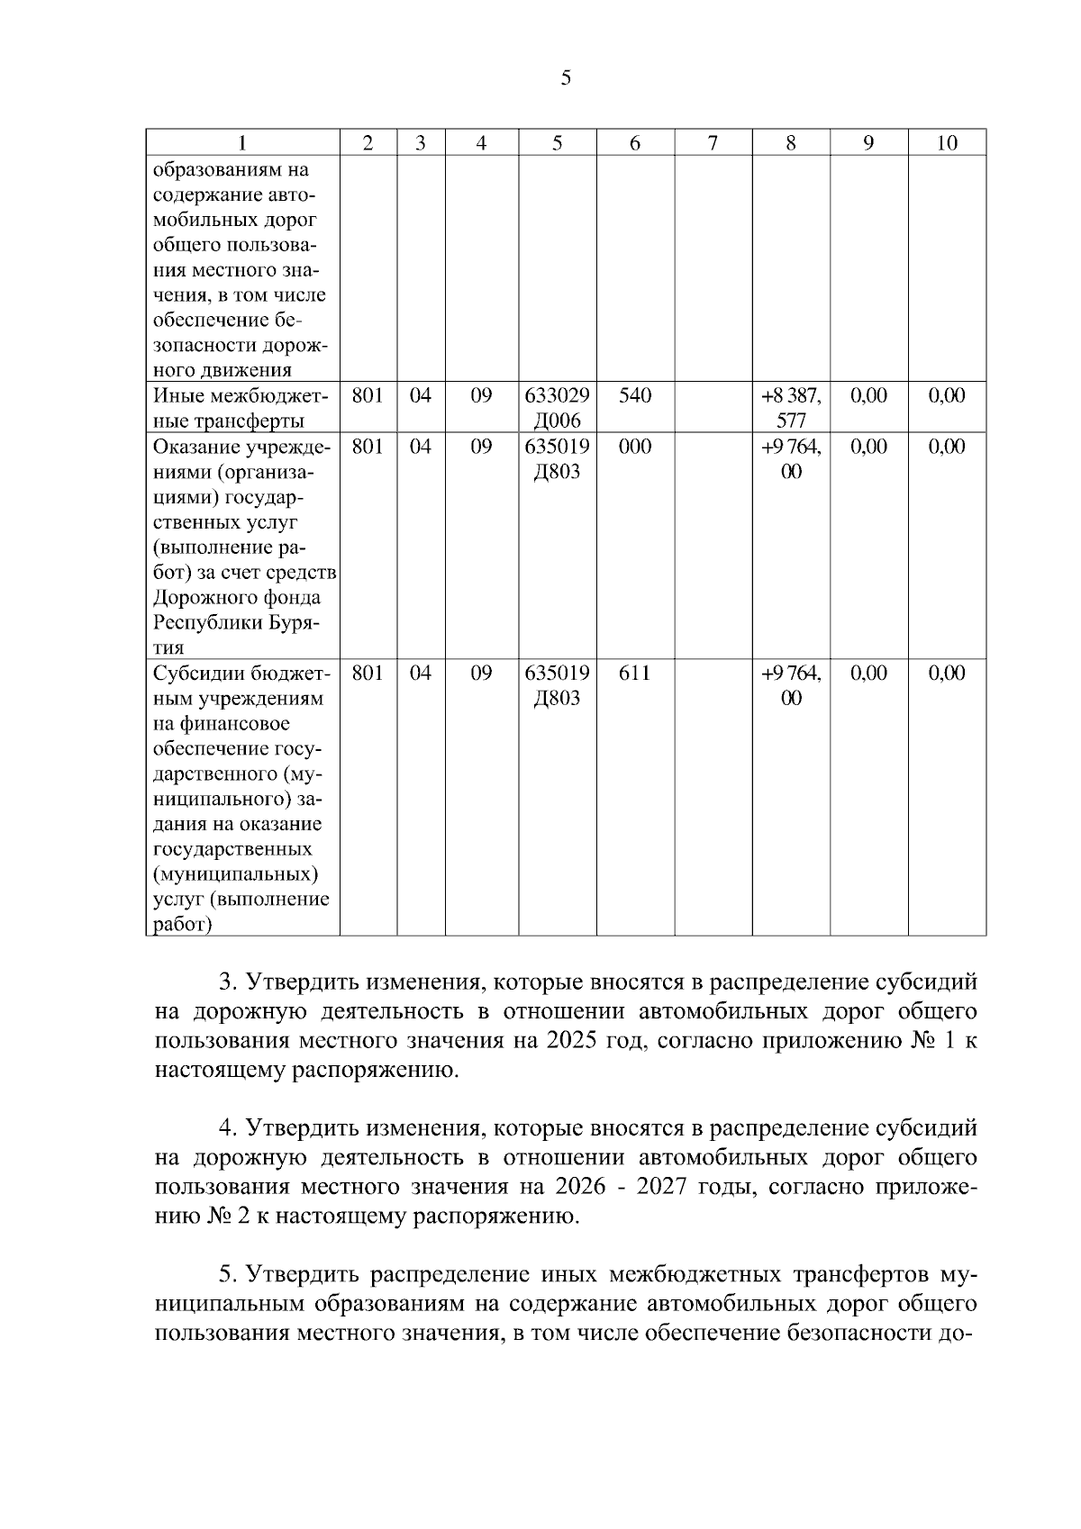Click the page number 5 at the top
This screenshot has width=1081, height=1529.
pyautogui.click(x=566, y=78)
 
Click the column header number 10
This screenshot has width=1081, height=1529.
pyautogui.click(x=946, y=143)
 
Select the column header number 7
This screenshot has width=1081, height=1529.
pyautogui.click(x=713, y=143)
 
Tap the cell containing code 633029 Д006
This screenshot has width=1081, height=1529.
pyautogui.click(x=557, y=408)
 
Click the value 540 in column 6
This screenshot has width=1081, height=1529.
pyautogui.click(x=634, y=395)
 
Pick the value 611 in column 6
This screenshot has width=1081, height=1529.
pyautogui.click(x=634, y=673)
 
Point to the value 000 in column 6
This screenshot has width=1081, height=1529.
pyautogui.click(x=634, y=447)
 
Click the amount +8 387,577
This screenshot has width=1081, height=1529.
pyautogui.click(x=791, y=408)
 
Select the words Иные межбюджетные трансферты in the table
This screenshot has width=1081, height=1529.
pyautogui.click(x=241, y=408)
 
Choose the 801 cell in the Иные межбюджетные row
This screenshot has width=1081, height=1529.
pyautogui.click(x=368, y=395)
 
